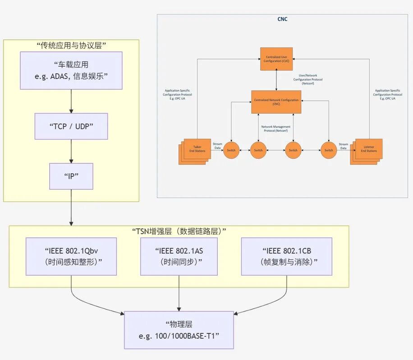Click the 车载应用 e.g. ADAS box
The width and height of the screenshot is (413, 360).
point(71,70)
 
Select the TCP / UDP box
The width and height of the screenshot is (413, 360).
point(71,126)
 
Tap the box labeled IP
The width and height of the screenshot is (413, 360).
point(71,175)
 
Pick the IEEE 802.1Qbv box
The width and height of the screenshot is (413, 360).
point(71,256)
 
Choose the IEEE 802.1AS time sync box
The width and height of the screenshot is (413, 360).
point(180,256)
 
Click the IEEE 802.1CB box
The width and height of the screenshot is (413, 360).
point(286,256)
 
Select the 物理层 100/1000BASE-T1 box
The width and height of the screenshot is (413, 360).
point(179,330)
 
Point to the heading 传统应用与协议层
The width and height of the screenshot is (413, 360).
point(71,45)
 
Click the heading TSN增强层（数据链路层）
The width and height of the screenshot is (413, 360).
point(179,231)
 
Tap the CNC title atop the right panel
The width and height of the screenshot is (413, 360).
point(282,19)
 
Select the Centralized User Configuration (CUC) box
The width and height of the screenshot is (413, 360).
point(276,59)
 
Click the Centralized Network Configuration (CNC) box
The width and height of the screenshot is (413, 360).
point(276,102)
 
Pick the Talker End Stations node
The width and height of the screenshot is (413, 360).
point(196,150)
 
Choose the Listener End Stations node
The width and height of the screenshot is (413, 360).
point(367,150)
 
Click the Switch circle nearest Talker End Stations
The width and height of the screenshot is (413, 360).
point(231,150)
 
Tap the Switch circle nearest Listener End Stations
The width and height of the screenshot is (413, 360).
point(329,150)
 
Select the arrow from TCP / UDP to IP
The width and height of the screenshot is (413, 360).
point(71,151)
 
